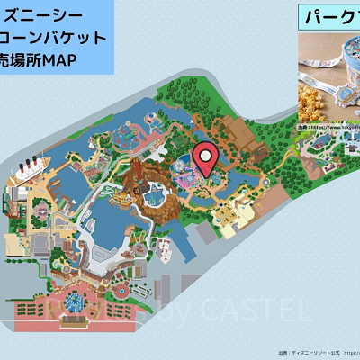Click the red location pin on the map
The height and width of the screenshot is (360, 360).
(207, 160)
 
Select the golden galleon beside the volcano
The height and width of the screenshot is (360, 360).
(123, 194)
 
